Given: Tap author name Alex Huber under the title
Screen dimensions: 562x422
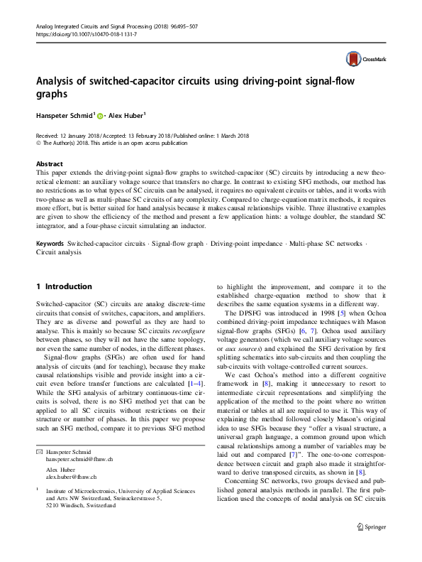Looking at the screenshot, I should (x=124, y=115).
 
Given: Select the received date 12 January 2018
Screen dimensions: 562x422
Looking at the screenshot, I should (x=77, y=135).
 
